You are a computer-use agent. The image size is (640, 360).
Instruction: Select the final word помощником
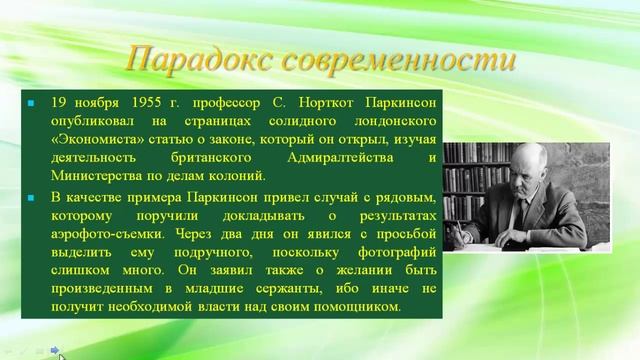coord(353,306)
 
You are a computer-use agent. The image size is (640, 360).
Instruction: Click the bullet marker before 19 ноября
coord(31,103)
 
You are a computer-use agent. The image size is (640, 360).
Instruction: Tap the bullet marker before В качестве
coord(31,195)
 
